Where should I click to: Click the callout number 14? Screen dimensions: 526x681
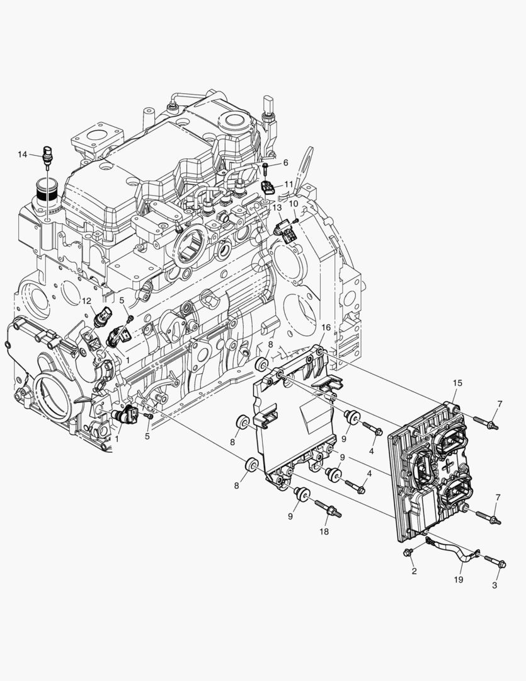coord(23,154)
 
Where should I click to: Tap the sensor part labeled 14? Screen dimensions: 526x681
coord(46,157)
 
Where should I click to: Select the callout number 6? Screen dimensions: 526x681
coord(285,163)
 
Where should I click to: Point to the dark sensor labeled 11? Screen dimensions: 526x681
coord(267,188)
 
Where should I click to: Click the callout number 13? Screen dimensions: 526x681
coord(277,207)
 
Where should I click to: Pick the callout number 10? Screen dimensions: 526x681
coord(294,203)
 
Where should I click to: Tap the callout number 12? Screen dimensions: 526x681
coord(87,301)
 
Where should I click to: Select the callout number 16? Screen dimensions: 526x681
coord(326,327)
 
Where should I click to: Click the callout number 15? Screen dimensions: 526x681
coord(457,383)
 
